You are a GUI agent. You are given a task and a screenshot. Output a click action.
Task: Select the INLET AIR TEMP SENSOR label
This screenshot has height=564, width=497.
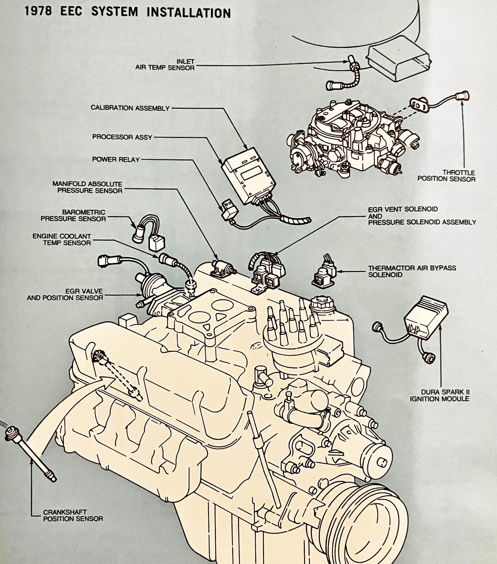point(165,65)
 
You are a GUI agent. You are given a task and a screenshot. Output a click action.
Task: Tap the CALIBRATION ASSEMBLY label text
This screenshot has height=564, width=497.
point(130,108)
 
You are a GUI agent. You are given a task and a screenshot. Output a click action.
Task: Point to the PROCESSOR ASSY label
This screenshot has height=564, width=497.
point(122,137)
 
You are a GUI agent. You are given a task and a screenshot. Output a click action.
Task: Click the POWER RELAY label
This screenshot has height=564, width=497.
point(116,159)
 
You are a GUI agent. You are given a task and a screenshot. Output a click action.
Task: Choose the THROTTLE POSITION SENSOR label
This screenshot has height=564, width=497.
point(446,176)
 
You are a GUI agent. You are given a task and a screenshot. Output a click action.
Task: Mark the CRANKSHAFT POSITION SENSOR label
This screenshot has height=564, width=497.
point(73,516)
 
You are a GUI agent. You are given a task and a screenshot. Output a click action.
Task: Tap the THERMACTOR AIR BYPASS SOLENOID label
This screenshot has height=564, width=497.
point(412,271)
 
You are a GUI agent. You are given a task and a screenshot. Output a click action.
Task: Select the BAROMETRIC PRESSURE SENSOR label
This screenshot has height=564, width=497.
point(73,215)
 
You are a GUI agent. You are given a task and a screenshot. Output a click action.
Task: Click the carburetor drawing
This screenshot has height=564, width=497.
point(351,138)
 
